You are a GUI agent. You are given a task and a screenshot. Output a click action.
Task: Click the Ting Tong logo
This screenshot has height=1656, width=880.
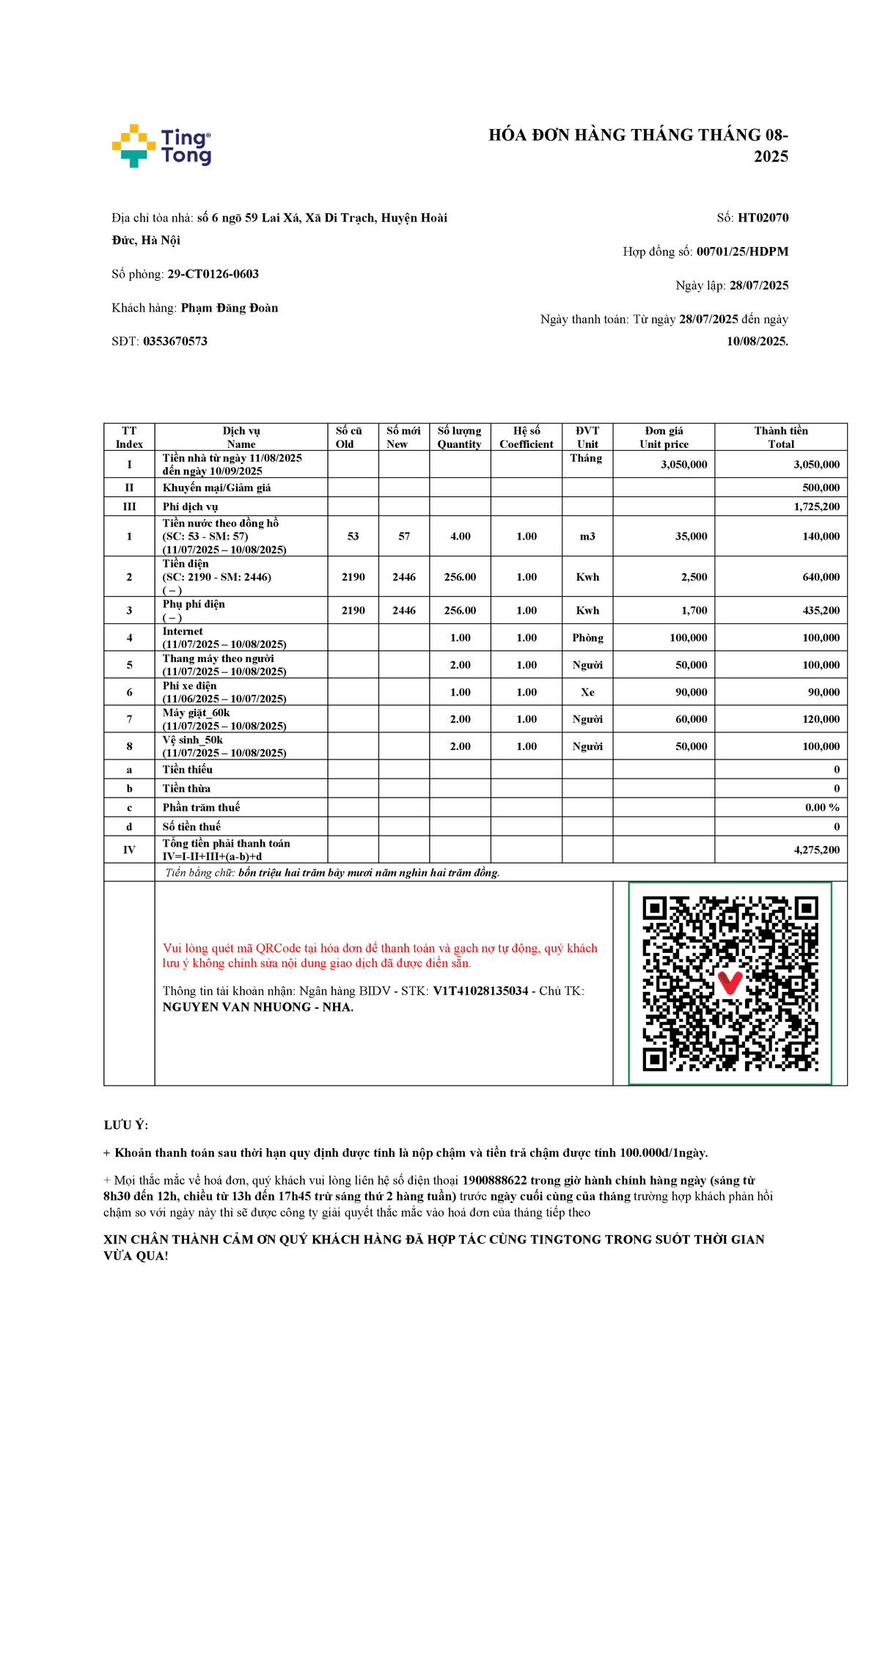[x=161, y=146]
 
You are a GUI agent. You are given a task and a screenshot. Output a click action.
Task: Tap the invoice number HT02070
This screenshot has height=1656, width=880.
[x=763, y=218]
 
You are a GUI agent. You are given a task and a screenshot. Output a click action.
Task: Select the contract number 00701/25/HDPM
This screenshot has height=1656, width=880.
[x=742, y=251]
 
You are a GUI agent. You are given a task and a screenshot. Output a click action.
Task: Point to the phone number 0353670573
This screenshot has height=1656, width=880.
[x=175, y=341]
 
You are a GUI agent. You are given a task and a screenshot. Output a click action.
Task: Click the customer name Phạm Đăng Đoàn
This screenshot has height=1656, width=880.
[x=230, y=308]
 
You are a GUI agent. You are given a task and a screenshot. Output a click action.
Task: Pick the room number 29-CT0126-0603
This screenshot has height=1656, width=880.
[x=213, y=274]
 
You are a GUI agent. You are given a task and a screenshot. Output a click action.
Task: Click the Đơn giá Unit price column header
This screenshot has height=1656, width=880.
[x=664, y=437]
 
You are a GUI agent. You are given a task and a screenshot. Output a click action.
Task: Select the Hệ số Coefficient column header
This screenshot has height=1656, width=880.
[x=527, y=437]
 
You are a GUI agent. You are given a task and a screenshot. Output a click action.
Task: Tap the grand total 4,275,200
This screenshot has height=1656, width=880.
[x=816, y=850]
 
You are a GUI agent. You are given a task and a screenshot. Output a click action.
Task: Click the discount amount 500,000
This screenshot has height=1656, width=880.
[x=821, y=487]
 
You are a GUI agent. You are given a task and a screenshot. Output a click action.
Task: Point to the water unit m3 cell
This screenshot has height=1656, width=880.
[x=587, y=537]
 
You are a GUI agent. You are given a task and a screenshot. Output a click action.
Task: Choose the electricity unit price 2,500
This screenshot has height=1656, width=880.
[x=694, y=577]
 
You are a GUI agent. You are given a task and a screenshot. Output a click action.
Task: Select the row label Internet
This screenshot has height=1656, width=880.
[x=183, y=631]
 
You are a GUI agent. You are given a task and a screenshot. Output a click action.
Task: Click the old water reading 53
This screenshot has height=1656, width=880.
[x=353, y=537]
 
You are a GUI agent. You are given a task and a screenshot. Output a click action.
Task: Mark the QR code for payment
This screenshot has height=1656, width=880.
[x=730, y=983]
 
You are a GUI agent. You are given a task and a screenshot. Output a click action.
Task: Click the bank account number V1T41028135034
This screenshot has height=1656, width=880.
[x=480, y=991]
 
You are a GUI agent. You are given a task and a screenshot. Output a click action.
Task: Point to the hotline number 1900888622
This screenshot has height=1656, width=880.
[x=494, y=1180]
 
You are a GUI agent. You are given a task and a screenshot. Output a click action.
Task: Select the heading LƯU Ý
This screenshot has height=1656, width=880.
[x=125, y=1125]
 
